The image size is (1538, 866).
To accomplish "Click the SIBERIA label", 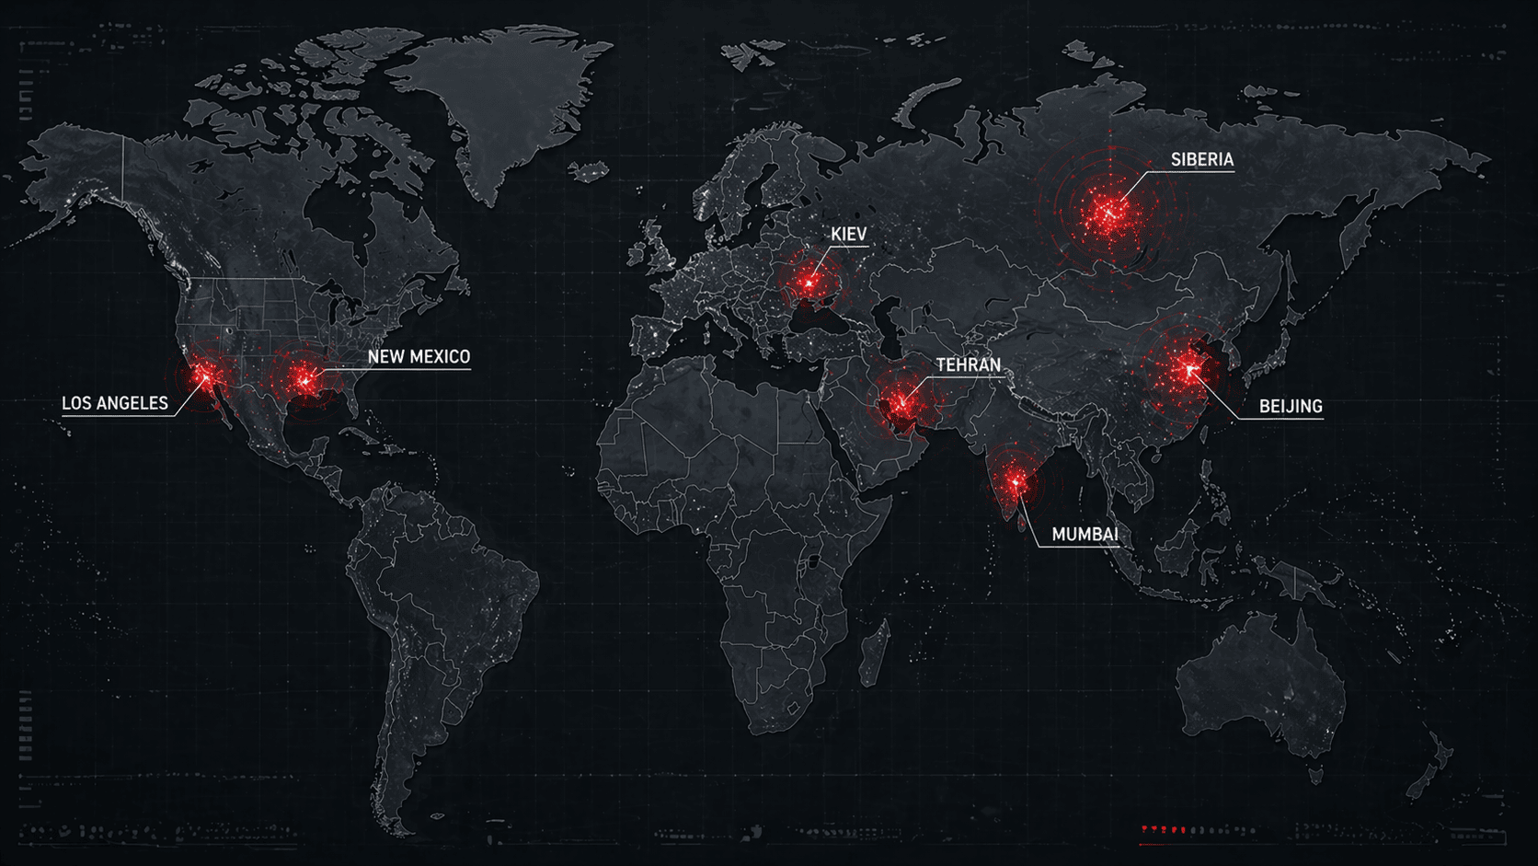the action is point(1201,160).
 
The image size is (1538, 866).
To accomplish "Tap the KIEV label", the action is point(848,235).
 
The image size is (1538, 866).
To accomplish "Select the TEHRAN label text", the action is point(968,365).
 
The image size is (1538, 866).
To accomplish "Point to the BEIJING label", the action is point(1290,407).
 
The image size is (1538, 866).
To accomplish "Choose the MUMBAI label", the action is point(1085,535).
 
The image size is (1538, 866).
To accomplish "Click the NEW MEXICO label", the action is point(419,357).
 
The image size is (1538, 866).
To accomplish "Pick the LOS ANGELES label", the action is point(115,403).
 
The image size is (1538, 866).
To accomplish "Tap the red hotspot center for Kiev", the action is point(809,283).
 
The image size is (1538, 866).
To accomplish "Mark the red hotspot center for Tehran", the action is point(901,402).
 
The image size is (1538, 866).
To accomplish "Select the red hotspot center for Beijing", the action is point(1188,370).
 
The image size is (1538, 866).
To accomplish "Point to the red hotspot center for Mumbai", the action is point(1016,481).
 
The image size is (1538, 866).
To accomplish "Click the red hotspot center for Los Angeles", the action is point(205,375).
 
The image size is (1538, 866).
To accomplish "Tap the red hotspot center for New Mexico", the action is point(305,378).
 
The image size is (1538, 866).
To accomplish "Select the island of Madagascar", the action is point(875,653).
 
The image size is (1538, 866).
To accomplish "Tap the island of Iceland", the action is point(589,171).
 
